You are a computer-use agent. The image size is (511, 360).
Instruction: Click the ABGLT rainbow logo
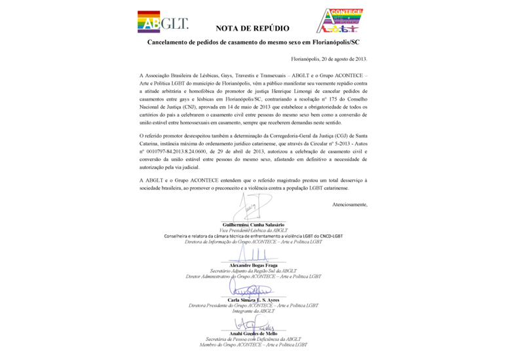(x=162, y=22)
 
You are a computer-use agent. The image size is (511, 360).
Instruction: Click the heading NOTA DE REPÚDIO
(x=252, y=29)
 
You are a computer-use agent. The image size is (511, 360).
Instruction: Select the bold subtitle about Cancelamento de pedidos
(x=253, y=43)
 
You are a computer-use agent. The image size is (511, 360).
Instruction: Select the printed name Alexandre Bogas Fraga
(x=253, y=265)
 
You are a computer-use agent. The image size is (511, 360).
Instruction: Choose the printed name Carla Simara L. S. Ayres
(x=253, y=300)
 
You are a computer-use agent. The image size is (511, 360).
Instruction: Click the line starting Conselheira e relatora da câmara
(x=253, y=236)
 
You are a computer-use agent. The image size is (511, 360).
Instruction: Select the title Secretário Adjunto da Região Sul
(x=253, y=271)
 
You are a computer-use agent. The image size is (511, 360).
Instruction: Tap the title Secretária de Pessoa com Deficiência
(x=253, y=339)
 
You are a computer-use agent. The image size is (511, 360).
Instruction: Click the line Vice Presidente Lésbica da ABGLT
(x=253, y=230)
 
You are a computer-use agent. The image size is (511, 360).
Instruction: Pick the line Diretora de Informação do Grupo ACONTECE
(x=253, y=242)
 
